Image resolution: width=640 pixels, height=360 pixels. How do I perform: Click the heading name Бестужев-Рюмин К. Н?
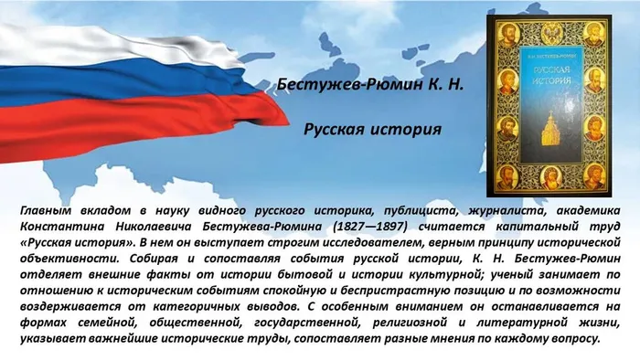tap(369, 85)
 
